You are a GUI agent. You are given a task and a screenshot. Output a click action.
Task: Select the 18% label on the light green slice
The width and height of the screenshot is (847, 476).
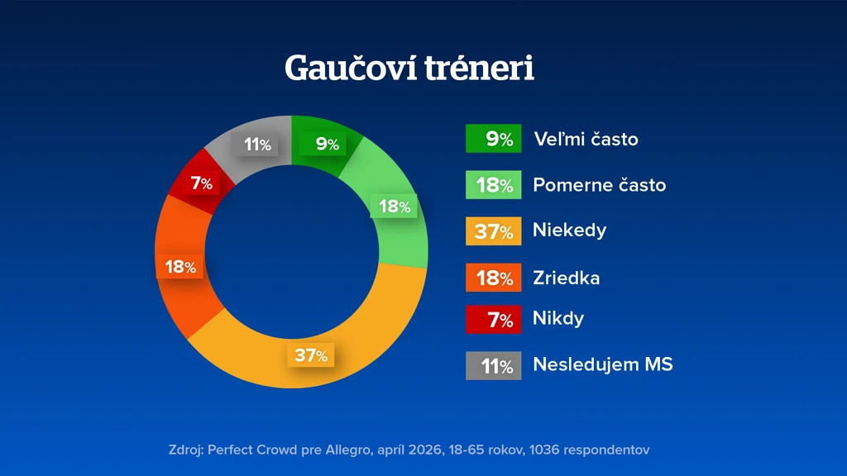394,206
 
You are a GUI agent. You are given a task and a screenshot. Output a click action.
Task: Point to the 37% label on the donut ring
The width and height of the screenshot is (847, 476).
311,355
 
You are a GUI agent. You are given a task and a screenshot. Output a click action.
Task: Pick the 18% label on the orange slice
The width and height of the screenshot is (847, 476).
179,267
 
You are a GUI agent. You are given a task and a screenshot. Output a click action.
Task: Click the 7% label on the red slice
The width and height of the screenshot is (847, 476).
201,183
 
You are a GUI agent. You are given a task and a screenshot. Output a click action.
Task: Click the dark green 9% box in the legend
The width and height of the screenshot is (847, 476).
494,139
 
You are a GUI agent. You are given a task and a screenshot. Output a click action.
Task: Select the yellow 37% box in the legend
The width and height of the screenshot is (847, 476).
494,231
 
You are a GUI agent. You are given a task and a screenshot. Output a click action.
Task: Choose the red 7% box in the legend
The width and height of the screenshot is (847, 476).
494,320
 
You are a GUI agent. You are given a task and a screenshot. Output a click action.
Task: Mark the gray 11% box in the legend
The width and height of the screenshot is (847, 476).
494,366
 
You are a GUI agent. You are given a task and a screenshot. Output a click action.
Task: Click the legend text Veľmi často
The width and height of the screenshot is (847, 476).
586,139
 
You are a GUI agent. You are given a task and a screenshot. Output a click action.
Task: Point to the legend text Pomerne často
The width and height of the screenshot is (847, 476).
600,184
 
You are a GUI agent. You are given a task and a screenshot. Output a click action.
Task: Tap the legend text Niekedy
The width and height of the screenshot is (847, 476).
569,231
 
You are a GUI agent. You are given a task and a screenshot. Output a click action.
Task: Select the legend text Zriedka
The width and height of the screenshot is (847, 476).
566,278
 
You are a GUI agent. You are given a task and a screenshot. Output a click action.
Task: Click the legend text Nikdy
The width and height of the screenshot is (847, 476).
558,318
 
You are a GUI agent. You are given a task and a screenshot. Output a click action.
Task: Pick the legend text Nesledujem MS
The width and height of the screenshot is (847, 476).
603,364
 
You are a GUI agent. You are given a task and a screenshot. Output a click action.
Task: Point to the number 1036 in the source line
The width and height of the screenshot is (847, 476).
544,450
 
